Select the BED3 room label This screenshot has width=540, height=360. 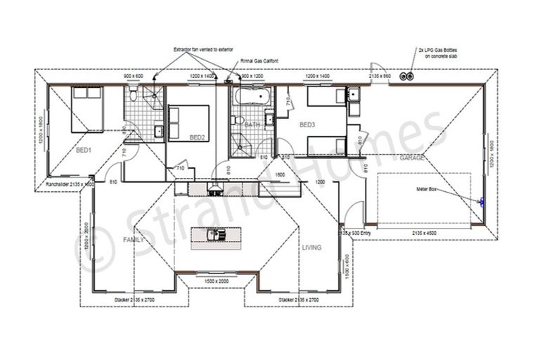coord(308,125)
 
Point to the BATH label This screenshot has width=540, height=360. coord(252,125)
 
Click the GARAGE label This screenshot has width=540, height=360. coord(412,158)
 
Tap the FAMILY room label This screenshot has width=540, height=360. coord(134,240)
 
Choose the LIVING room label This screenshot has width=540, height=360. coord(311,247)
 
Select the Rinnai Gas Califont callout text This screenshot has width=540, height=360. coord(259,62)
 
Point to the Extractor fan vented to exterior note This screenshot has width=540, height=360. coord(203,50)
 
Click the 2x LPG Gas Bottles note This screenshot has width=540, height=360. coord(436,53)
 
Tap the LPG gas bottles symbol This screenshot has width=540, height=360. coord(406,75)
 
